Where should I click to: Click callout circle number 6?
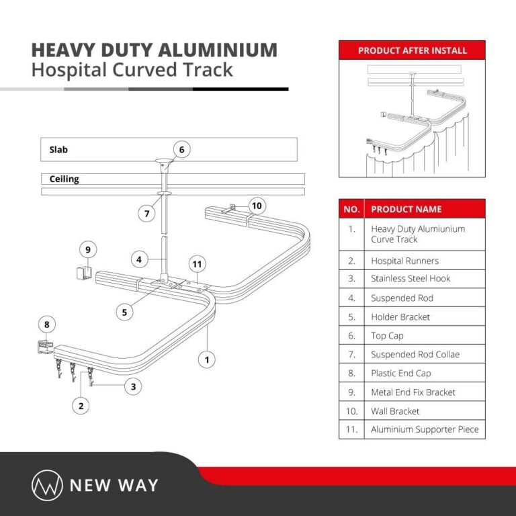[181, 149]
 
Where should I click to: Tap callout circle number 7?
[147, 214]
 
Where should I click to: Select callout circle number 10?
[257, 205]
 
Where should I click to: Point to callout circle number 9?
[87, 249]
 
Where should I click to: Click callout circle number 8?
[46, 325]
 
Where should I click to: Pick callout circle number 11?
[197, 264]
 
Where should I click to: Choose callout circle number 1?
[208, 359]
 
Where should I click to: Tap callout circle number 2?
[81, 405]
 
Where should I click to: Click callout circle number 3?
[134, 386]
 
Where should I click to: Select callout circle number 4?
[138, 259]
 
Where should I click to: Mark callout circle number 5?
[124, 312]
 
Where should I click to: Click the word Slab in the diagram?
[58, 150]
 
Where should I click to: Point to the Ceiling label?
[64, 179]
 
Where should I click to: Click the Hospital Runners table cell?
[404, 261]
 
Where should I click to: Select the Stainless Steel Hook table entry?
[411, 279]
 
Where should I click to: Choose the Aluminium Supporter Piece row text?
[425, 429]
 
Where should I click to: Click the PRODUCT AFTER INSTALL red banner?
[412, 50]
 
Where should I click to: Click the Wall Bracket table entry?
[395, 411]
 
